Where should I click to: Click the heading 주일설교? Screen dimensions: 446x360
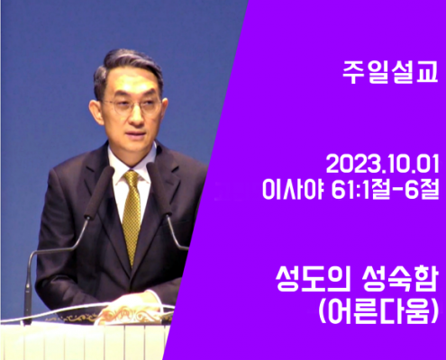click(390, 72)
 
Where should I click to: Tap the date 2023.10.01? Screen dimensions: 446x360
click(383, 164)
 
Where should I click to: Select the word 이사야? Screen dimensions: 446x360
click(293, 189)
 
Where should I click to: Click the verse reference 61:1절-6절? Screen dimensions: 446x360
click(386, 189)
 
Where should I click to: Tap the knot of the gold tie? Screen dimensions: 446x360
click(132, 177)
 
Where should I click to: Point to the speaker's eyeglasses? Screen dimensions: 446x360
click(132, 106)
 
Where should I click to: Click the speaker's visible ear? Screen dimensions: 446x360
click(96, 112)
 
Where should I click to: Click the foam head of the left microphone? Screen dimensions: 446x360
click(99, 192)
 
